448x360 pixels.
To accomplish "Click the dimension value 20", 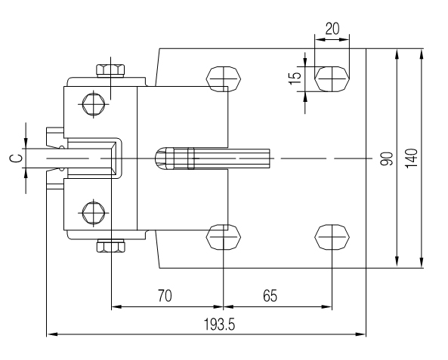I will (332, 29).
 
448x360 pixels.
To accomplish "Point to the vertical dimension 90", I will (386, 158).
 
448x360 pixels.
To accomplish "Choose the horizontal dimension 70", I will (163, 296).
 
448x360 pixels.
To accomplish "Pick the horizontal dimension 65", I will (269, 296).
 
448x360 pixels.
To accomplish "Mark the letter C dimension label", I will (12, 159).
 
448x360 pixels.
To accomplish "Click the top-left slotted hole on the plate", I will (224, 77).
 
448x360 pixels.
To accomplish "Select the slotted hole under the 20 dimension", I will (332, 77).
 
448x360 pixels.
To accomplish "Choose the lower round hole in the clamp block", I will (92, 214).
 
